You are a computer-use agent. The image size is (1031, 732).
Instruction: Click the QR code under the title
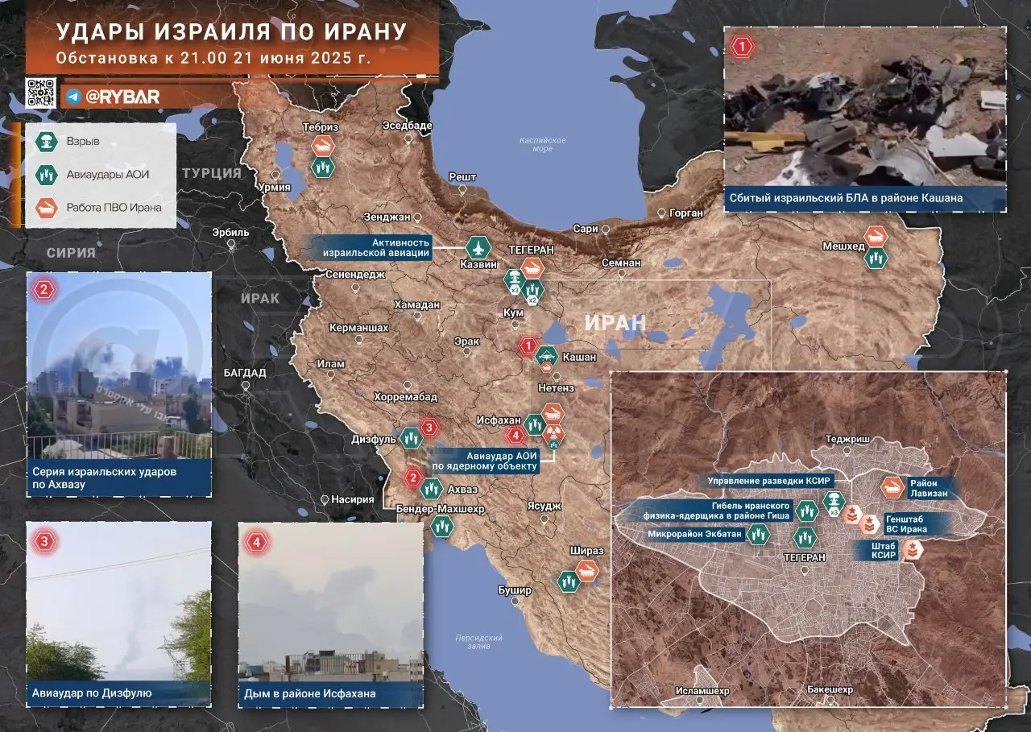(x=41, y=93)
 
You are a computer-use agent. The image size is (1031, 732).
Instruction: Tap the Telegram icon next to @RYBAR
(x=73, y=97)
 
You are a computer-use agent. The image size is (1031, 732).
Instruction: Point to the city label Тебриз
(x=320, y=127)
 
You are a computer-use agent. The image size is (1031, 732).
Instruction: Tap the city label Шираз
(x=586, y=550)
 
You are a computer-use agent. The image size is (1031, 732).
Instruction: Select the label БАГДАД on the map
(x=246, y=373)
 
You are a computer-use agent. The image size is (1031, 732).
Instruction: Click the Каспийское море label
(x=542, y=144)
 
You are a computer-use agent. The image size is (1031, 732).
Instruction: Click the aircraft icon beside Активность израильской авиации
(x=478, y=247)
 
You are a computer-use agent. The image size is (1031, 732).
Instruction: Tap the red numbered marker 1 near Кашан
(x=528, y=347)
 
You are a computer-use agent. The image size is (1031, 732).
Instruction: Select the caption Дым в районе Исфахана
(x=311, y=693)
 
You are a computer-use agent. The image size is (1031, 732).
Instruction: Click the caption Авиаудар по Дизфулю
(x=92, y=693)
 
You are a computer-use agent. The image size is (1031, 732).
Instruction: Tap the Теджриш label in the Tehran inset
(x=844, y=440)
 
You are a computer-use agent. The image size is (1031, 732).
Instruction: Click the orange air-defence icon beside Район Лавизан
(x=892, y=486)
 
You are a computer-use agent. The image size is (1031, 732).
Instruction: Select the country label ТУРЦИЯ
(x=211, y=173)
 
